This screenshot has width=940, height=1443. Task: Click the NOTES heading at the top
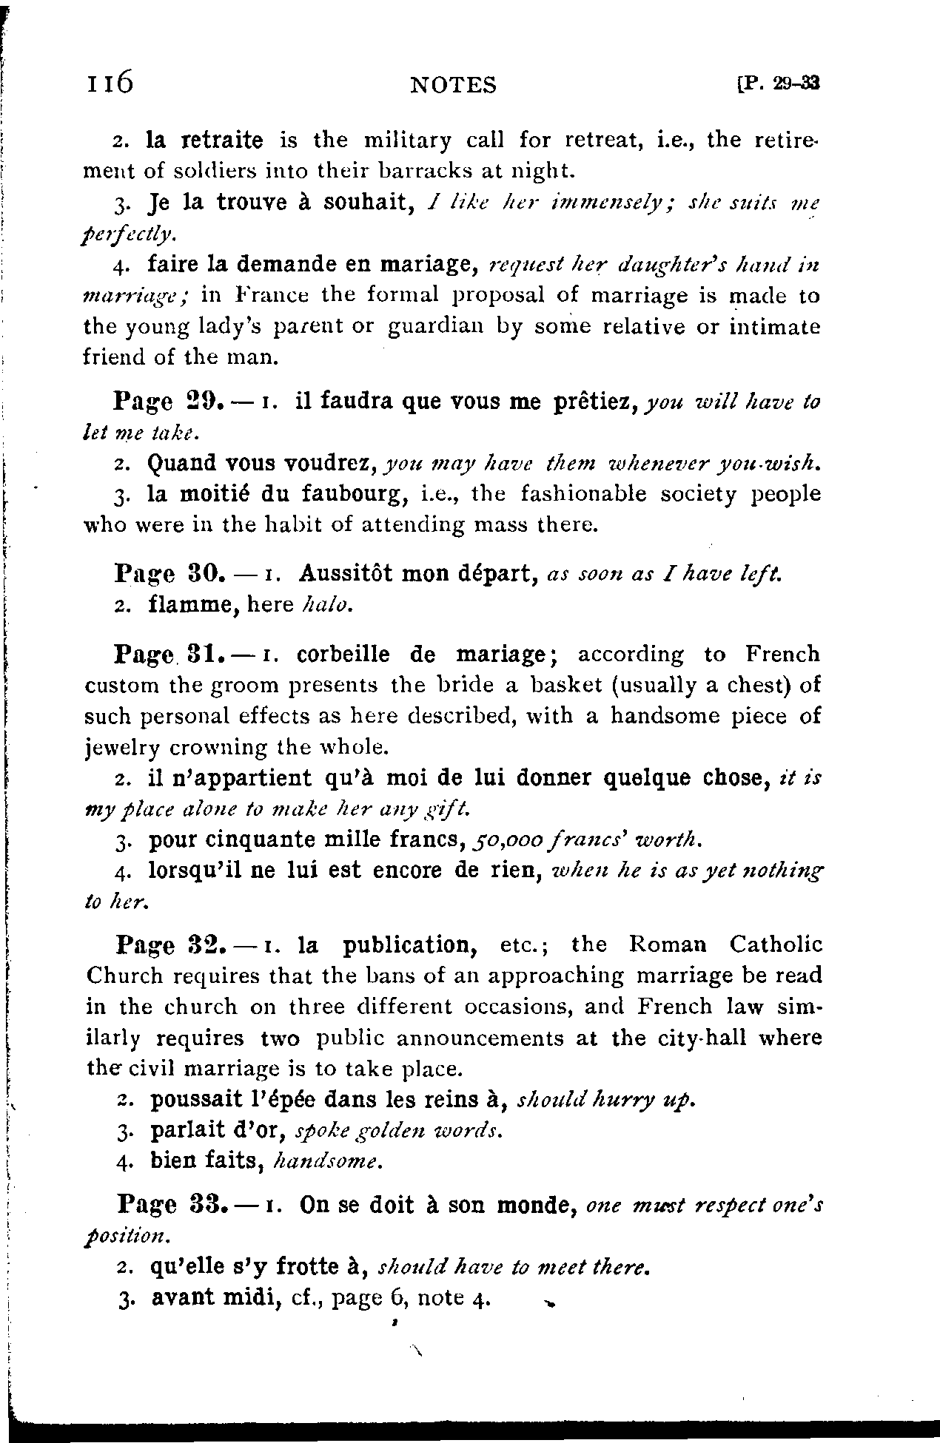tap(453, 86)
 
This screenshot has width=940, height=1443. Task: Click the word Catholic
tap(775, 944)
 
